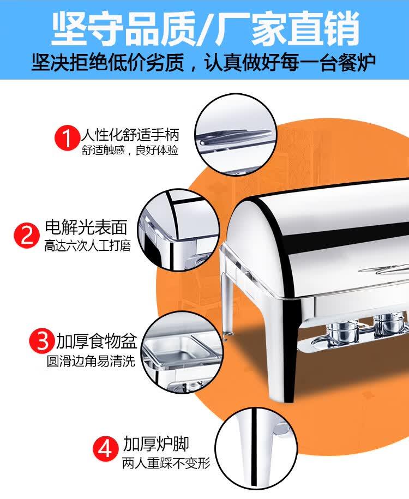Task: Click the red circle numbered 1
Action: (x=67, y=138)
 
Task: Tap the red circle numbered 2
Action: (x=27, y=236)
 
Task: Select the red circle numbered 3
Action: (x=42, y=341)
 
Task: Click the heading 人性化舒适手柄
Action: (x=130, y=135)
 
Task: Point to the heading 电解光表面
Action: (x=86, y=227)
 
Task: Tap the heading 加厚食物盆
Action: (x=97, y=341)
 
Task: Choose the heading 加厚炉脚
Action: (x=156, y=443)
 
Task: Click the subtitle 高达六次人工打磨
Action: (x=88, y=245)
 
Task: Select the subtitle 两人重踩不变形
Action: (x=166, y=463)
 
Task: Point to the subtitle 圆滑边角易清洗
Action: (x=91, y=361)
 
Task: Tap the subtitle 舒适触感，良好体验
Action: (x=130, y=150)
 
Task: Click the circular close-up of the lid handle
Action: (x=236, y=134)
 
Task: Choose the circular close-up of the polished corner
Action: (x=178, y=230)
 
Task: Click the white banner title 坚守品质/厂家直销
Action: (x=205, y=28)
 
